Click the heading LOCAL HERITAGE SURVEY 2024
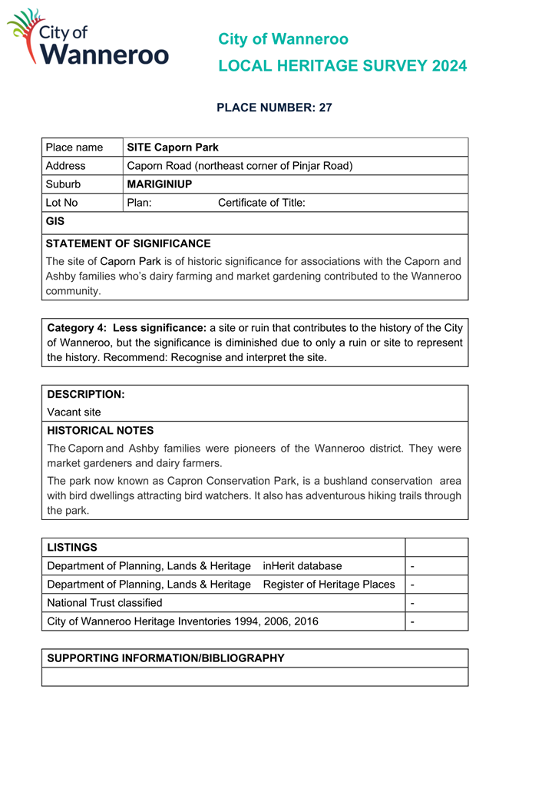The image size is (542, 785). [x=342, y=66]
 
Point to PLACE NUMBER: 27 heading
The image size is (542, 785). [x=274, y=108]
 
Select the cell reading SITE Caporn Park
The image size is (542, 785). [x=173, y=147]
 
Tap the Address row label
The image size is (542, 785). [x=66, y=166]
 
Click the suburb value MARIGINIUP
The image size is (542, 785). [x=160, y=184]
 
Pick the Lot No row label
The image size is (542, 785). [x=62, y=203]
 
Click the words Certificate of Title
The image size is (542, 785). [x=262, y=203]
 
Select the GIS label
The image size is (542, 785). [x=55, y=222]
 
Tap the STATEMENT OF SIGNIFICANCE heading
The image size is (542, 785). [x=128, y=243]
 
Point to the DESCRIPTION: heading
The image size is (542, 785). [x=86, y=394]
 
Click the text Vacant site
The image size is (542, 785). [x=74, y=412]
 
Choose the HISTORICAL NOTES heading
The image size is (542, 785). [x=101, y=431]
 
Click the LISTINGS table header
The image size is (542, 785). [x=72, y=548]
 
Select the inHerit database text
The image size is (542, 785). [x=302, y=566]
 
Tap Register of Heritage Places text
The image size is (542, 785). [x=329, y=585]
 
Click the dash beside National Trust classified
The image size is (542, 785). [x=413, y=603]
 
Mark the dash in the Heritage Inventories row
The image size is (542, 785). [x=413, y=621]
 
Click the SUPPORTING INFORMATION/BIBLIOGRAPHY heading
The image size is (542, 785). [x=166, y=658]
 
